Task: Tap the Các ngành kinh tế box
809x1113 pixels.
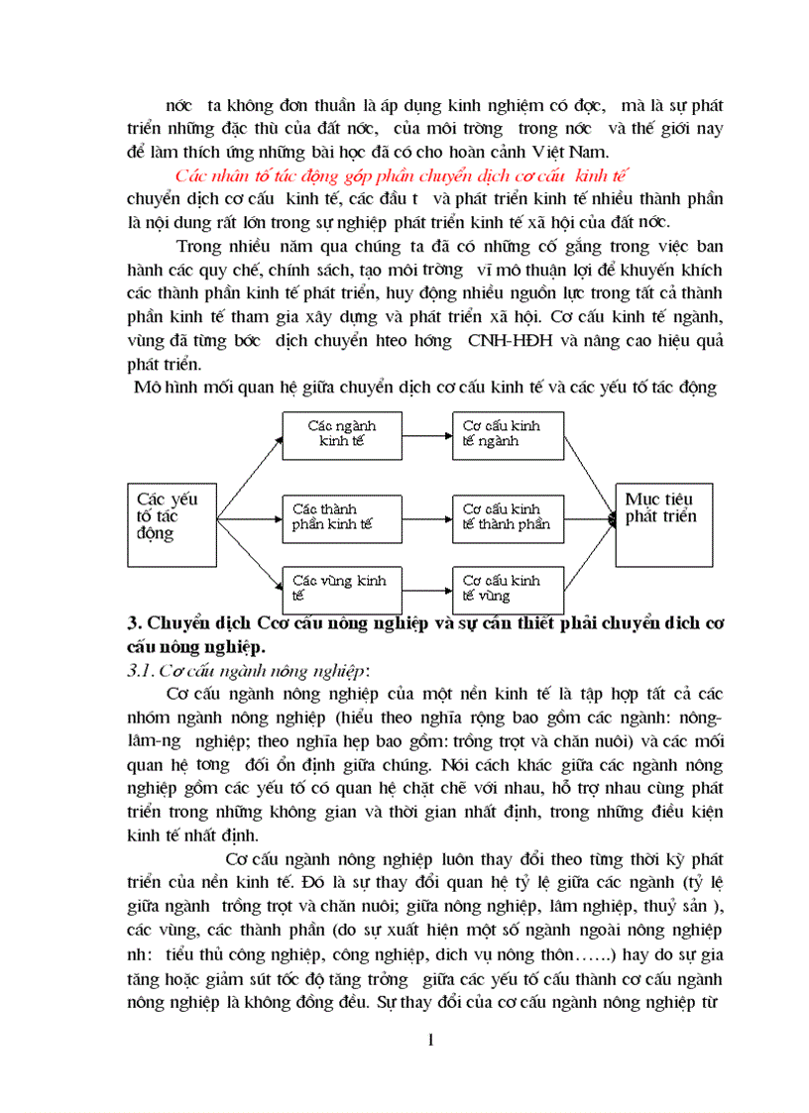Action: click(342, 432)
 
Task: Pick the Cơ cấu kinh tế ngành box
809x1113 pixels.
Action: click(507, 432)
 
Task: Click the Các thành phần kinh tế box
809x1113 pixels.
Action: click(342, 516)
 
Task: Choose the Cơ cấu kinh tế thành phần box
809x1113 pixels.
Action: click(507, 516)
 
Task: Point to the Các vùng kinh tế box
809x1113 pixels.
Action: click(342, 587)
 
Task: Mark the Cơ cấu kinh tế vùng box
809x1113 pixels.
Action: click(507, 587)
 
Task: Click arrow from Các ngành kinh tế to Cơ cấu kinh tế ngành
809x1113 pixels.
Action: click(426, 433)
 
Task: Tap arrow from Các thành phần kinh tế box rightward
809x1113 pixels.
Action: click(426, 516)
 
